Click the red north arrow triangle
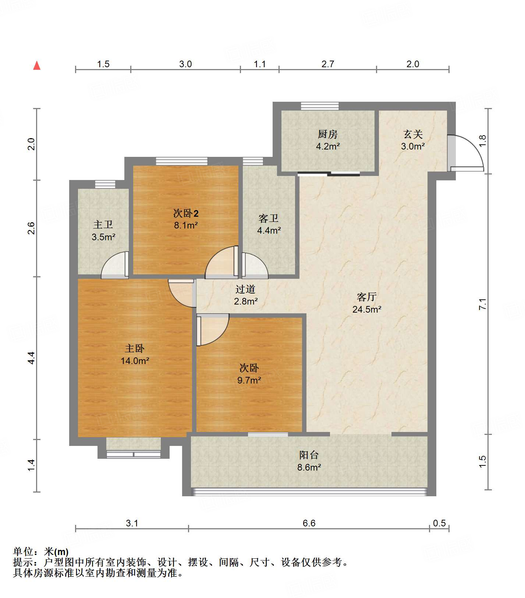point(37,66)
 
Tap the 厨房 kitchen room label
point(327,134)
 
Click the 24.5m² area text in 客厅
point(366,310)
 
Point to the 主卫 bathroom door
point(115,265)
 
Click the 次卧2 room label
point(186,213)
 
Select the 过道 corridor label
point(245,289)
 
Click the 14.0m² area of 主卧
point(135,361)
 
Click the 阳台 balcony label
point(309,455)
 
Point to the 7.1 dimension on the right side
point(482,304)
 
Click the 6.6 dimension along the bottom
point(309,523)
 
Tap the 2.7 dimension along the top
point(327,64)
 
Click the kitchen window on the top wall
point(319,106)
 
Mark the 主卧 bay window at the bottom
point(134,454)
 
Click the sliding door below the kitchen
point(329,174)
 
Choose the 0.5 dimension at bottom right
point(439,523)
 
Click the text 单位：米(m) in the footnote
point(41,551)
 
